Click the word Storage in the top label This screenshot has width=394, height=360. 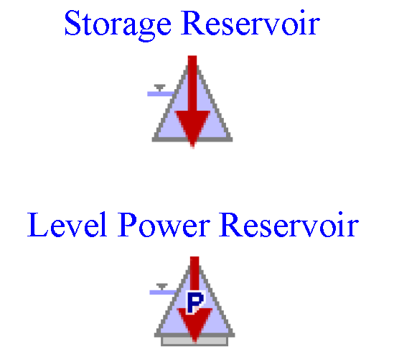118,25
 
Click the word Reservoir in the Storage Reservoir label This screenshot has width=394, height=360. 250,23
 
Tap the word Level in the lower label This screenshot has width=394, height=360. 67,225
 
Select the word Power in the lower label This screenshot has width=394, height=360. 164,225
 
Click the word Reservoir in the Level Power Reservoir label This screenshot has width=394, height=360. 289,225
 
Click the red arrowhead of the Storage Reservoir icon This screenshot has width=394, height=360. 192,128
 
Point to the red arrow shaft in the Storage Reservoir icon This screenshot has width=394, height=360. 192,83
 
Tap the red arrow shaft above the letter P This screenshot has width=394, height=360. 194,273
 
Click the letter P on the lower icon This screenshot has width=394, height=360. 195,302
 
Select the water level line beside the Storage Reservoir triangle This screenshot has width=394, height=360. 161,94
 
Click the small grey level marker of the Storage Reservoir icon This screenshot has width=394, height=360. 160,88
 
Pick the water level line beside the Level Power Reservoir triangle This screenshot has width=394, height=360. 164,292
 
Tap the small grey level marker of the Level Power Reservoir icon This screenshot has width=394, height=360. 162,286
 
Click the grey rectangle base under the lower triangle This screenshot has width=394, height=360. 194,341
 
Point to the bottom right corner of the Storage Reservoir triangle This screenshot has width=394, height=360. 233,141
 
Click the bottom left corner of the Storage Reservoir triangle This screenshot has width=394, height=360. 153,141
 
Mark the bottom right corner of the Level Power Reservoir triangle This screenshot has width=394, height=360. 235,336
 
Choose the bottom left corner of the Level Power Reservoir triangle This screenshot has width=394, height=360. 155,336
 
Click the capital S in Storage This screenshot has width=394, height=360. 73,23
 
